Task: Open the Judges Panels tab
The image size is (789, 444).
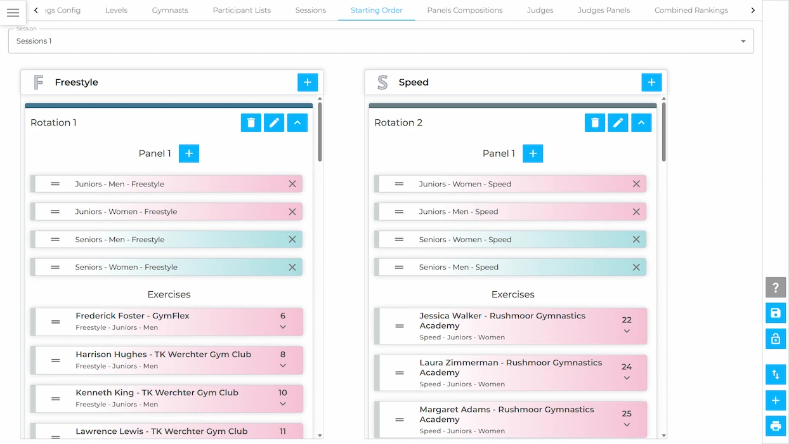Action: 604,10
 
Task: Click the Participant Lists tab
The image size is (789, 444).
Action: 242,10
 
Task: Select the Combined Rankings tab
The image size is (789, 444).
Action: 691,10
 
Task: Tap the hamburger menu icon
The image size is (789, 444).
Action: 13,13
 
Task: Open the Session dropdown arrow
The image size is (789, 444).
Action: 743,41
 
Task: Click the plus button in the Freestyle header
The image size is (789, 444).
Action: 308,82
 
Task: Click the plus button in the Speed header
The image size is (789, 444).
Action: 651,82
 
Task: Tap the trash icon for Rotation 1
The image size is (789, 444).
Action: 251,122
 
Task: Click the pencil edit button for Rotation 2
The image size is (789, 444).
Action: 618,122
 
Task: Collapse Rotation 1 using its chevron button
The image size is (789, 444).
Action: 297,122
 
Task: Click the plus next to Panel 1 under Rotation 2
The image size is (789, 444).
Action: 533,153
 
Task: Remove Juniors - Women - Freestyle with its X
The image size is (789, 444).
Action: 292,212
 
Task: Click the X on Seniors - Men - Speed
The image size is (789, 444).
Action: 636,268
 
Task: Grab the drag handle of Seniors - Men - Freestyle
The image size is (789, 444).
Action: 55,240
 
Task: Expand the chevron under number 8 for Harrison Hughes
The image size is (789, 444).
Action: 283,366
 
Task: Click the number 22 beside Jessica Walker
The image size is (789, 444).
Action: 627,320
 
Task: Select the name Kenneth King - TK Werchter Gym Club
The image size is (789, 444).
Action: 157,393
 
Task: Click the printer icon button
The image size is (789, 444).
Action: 776,426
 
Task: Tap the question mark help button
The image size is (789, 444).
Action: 776,287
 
